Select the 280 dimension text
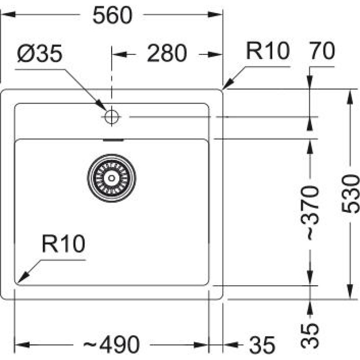[166, 54]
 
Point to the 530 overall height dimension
[350, 194]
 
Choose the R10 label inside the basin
[63, 245]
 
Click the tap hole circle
[111, 117]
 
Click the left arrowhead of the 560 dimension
[6, 15]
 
